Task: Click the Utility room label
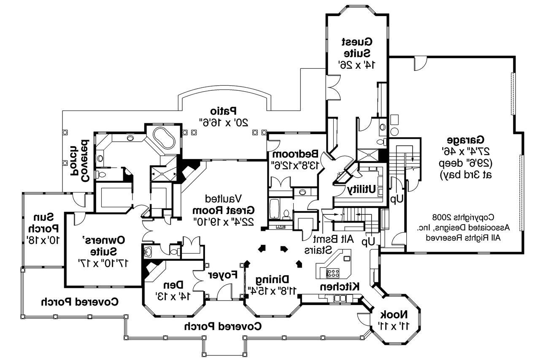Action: coord(362,190)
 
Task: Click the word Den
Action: coord(168,284)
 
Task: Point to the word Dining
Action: coord(274,279)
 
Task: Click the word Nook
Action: coord(393,314)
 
